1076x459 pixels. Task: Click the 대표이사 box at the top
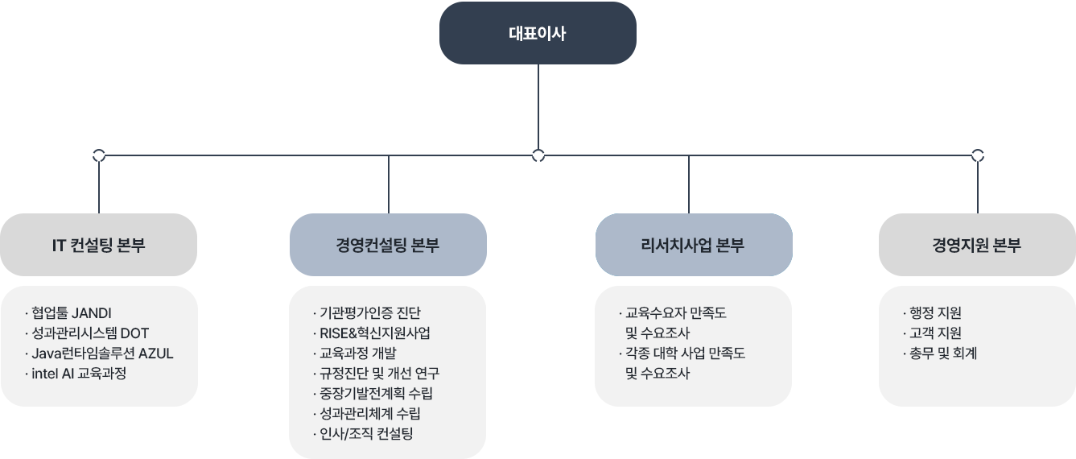[x=537, y=33]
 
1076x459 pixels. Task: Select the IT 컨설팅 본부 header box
[x=99, y=245]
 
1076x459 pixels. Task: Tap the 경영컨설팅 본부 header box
[x=388, y=245]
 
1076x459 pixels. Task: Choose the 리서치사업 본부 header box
[x=693, y=245]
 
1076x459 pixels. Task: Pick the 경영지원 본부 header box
[x=976, y=245]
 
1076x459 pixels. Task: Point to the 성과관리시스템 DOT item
[x=90, y=333]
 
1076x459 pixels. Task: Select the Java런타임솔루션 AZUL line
[x=102, y=354]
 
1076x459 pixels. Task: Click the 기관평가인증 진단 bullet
[x=370, y=313]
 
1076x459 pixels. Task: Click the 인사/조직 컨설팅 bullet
[x=366, y=434]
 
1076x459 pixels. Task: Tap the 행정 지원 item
[x=935, y=313]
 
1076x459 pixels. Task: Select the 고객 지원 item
[x=935, y=333]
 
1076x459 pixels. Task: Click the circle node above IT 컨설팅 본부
[x=99, y=155]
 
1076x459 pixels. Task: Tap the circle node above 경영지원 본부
[x=978, y=155]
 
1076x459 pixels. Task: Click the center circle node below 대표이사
[x=538, y=155]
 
